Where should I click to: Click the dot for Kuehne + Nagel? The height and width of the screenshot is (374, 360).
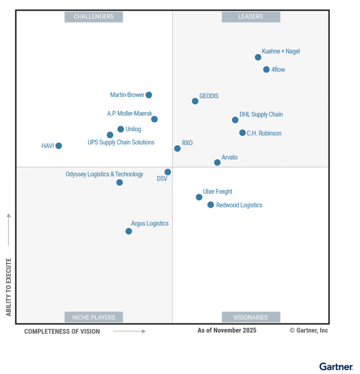coord(258,57)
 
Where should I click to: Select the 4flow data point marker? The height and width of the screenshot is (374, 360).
coord(266,69)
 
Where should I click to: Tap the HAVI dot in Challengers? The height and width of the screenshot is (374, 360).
coord(59,146)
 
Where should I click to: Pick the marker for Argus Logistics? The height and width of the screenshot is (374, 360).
coord(128,231)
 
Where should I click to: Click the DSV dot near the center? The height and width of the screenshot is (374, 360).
coord(167,172)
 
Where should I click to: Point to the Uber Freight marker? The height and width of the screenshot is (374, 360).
coord(199,197)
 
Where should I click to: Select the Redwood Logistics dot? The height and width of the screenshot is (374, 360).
coord(210,205)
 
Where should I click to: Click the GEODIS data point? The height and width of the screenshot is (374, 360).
coord(195,101)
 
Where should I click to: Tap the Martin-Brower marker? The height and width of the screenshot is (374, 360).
coord(149,95)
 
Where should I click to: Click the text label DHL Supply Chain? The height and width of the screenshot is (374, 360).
coord(261,114)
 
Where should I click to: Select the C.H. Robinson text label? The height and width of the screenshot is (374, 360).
coord(264,133)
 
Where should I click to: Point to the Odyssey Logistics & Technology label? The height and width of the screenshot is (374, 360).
coord(104,174)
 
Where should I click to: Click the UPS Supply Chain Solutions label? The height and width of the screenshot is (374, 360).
coord(121,142)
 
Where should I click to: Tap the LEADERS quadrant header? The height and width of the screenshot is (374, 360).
coord(251,16)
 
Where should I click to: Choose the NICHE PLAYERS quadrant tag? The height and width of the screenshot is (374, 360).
coord(94,317)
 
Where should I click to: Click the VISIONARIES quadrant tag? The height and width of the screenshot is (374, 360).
coord(251,317)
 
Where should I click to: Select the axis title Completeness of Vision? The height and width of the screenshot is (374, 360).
coord(62,331)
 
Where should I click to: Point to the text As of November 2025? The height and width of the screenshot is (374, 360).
coord(227,330)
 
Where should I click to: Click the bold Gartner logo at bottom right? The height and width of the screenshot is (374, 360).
coord(336,366)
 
